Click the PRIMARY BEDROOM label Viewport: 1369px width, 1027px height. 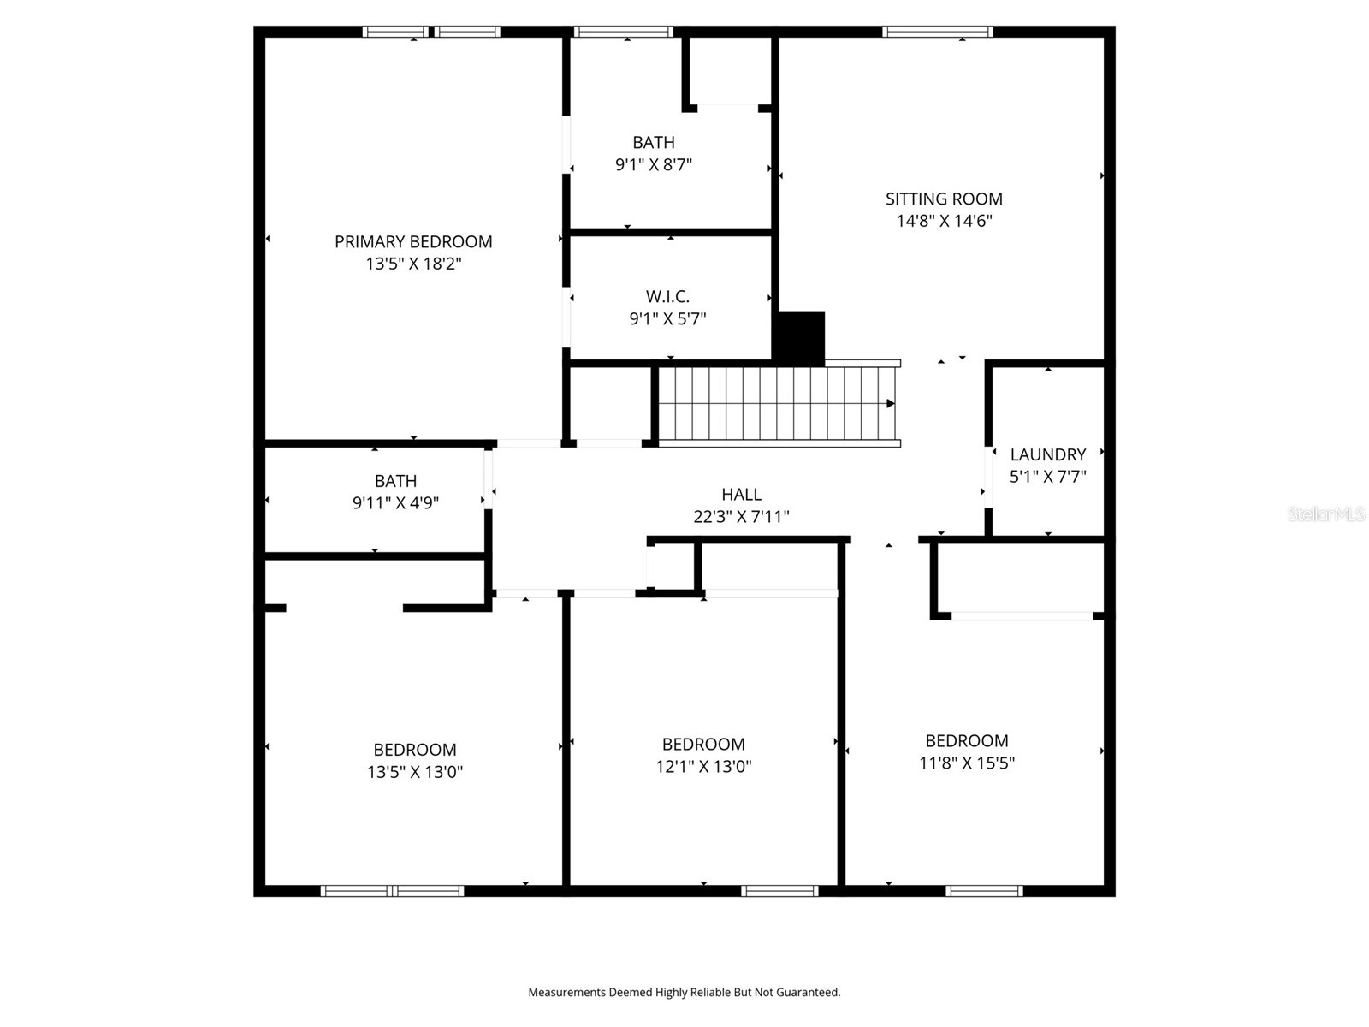click(413, 241)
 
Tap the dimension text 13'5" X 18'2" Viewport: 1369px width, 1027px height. click(413, 264)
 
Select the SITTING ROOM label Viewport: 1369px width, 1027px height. click(944, 199)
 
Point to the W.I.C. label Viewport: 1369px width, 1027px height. click(667, 296)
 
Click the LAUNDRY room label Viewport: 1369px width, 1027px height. click(1047, 454)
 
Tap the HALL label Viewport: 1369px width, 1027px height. click(741, 494)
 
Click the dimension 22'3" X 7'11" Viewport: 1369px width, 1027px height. click(741, 516)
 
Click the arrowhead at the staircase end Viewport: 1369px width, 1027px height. click(891, 403)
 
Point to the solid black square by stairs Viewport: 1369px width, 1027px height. click(799, 336)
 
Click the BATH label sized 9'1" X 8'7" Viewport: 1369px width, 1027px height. click(654, 142)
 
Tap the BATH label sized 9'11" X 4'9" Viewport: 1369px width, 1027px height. click(395, 481)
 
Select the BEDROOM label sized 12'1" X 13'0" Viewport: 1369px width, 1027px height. click(703, 745)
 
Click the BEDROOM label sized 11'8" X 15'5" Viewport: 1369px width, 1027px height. click(967, 741)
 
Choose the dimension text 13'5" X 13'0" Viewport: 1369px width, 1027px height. click(415, 771)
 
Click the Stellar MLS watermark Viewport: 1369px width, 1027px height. click(1325, 513)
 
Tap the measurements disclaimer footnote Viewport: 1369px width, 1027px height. click(684, 992)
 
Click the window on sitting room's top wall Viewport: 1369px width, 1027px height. click(938, 32)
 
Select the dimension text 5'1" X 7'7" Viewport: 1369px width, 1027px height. click(1047, 477)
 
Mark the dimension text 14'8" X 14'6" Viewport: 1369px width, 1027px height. click(944, 221)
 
